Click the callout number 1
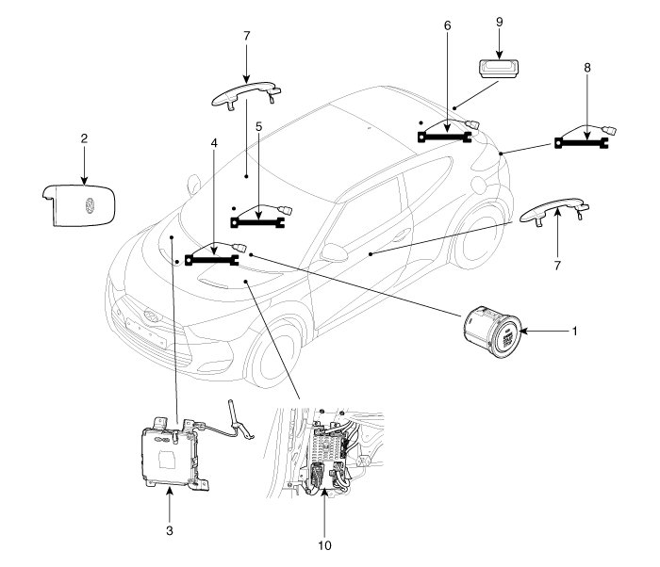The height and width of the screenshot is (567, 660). (574, 332)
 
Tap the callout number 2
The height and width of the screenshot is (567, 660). (84, 138)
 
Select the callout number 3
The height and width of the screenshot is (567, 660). (169, 531)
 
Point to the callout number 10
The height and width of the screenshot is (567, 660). (324, 545)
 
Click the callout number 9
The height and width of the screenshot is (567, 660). (499, 22)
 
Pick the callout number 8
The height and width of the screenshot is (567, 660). (587, 68)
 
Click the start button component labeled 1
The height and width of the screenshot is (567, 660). (493, 332)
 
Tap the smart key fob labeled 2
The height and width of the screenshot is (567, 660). (78, 205)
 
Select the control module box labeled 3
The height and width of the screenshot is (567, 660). (171, 453)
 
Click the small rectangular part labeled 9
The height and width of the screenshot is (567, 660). (499, 69)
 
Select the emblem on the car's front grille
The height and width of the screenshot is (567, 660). (151, 316)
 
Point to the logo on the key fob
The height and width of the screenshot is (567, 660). (90, 204)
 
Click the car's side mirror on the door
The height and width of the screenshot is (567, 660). (334, 253)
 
